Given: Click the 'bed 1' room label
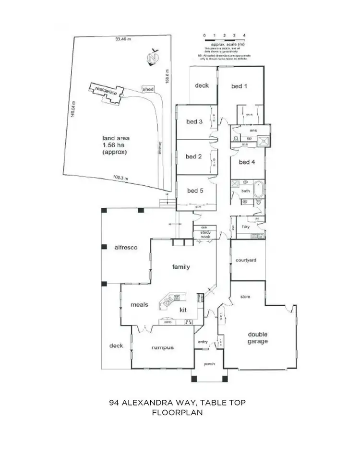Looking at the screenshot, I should (239, 86).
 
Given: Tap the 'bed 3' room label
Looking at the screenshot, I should (194, 122).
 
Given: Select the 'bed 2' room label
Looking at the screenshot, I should (193, 156).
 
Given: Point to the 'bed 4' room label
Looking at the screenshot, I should (246, 162).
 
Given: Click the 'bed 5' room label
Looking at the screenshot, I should (194, 191).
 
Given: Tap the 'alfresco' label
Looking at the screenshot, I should (126, 248).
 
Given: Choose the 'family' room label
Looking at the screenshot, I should (181, 267).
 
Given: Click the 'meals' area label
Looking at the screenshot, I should (139, 304).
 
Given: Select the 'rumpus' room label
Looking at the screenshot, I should (162, 347).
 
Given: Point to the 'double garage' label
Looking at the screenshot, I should (258, 338).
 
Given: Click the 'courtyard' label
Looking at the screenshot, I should (246, 261).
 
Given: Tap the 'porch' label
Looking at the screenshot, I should (209, 364).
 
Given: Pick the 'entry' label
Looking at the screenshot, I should (203, 342).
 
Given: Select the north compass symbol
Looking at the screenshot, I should (154, 57).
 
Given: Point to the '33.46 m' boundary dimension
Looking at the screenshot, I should (123, 39).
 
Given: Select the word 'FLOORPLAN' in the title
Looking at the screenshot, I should (177, 412).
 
